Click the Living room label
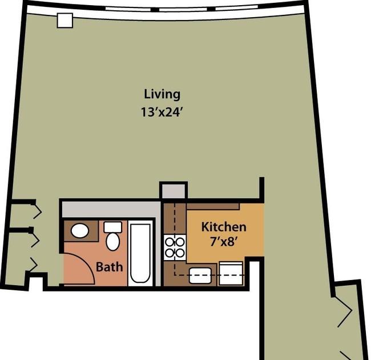[162, 94]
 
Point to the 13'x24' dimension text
[162, 112]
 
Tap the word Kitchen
[224, 227]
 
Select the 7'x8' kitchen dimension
[224, 242]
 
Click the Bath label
[110, 267]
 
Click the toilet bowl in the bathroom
[112, 241]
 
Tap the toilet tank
[113, 227]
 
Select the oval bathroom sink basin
[80, 231]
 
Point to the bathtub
[140, 253]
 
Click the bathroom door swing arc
[86, 262]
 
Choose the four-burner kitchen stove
[175, 247]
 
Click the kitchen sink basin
[200, 275]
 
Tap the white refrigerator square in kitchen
[231, 273]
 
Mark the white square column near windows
[65, 21]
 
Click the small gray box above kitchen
[174, 191]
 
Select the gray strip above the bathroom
[111, 209]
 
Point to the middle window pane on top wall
[183, 10]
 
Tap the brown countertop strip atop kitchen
[213, 206]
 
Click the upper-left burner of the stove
[170, 242]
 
